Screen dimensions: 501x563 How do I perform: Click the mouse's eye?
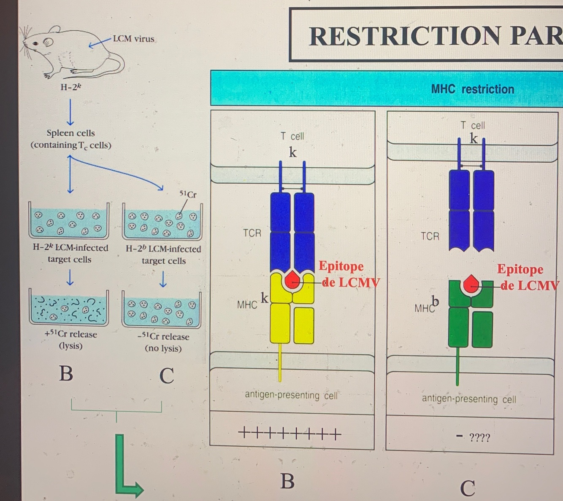[36, 43]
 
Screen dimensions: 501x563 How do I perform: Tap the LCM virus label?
[133, 39]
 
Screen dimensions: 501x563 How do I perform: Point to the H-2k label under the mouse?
[70, 87]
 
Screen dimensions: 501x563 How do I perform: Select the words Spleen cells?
[70, 133]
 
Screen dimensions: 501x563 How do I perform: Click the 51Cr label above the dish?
[188, 194]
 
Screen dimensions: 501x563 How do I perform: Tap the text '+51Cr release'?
[70, 334]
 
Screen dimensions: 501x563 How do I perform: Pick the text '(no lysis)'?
[163, 348]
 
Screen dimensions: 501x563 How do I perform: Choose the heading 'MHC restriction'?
[472, 89]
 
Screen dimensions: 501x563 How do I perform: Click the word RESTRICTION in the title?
[405, 36]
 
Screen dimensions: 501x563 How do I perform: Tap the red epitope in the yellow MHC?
[292, 280]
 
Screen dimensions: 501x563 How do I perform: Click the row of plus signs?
[290, 433]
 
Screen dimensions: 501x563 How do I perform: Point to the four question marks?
[479, 438]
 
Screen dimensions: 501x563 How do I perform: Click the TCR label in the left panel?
[252, 233]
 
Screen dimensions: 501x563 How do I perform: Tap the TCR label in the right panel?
[430, 236]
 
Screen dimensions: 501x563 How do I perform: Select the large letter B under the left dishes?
[66, 373]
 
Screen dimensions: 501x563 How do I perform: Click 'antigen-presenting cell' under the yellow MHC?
[291, 395]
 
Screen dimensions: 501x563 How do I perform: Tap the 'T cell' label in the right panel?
[473, 126]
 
